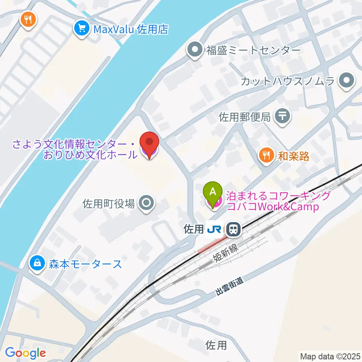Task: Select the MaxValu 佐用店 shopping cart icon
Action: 81,29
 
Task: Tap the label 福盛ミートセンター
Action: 253,50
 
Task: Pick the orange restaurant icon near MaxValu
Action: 28,19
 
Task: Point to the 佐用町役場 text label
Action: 109,204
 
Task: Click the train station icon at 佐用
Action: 234,229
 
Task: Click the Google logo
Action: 25,353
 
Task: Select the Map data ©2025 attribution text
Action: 330,356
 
